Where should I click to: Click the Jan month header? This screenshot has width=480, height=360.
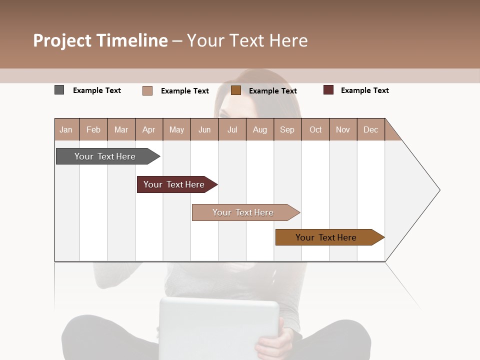point(66,129)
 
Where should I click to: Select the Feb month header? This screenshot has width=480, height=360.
point(93,129)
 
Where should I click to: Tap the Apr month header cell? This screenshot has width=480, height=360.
point(149,129)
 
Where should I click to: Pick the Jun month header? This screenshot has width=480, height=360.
point(204,129)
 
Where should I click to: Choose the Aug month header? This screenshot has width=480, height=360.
point(260,129)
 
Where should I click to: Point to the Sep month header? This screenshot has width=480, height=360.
point(287,129)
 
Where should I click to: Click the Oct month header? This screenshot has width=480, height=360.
point(315,129)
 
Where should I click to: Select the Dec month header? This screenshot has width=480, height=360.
point(371,129)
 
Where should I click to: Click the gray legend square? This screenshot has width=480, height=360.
point(59,90)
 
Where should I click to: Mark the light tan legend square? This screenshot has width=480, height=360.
point(147,90)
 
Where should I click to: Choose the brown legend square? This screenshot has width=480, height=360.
point(236,90)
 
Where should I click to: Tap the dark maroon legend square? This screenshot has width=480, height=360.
point(328,90)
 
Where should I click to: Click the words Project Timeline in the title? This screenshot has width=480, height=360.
point(100,40)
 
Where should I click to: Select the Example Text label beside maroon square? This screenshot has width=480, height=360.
point(364,90)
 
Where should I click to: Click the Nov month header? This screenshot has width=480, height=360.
point(343,129)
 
